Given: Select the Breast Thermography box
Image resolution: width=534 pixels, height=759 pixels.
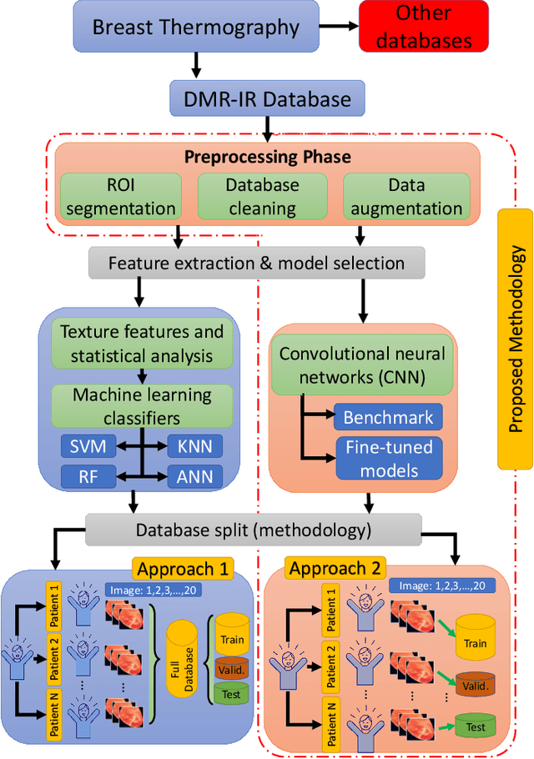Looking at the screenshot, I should point(196,26).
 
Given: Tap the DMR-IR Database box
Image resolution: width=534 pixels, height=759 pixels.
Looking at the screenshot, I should point(268,98).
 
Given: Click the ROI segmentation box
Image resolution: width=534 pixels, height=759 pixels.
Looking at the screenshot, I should point(119,197).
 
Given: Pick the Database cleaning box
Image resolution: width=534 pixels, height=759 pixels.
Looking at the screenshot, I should point(262,197).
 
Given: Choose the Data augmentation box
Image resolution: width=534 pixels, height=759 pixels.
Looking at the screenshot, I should point(401,197).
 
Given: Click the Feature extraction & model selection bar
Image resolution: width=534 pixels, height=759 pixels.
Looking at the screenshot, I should point(257,264).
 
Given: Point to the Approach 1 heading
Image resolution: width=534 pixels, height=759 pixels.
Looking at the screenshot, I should point(181,570).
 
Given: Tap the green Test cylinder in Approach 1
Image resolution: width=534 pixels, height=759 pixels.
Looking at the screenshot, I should point(233,692).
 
